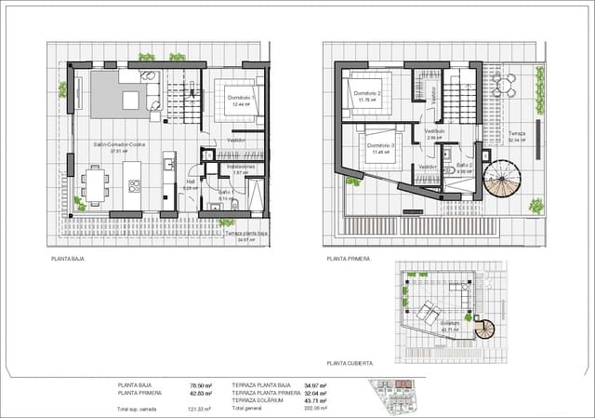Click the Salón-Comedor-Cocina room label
pos(118,145)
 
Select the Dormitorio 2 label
pos(368,94)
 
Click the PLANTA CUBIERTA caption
pos(350,363)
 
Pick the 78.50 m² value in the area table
pos(200,384)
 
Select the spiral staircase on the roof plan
pos(485,327)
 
